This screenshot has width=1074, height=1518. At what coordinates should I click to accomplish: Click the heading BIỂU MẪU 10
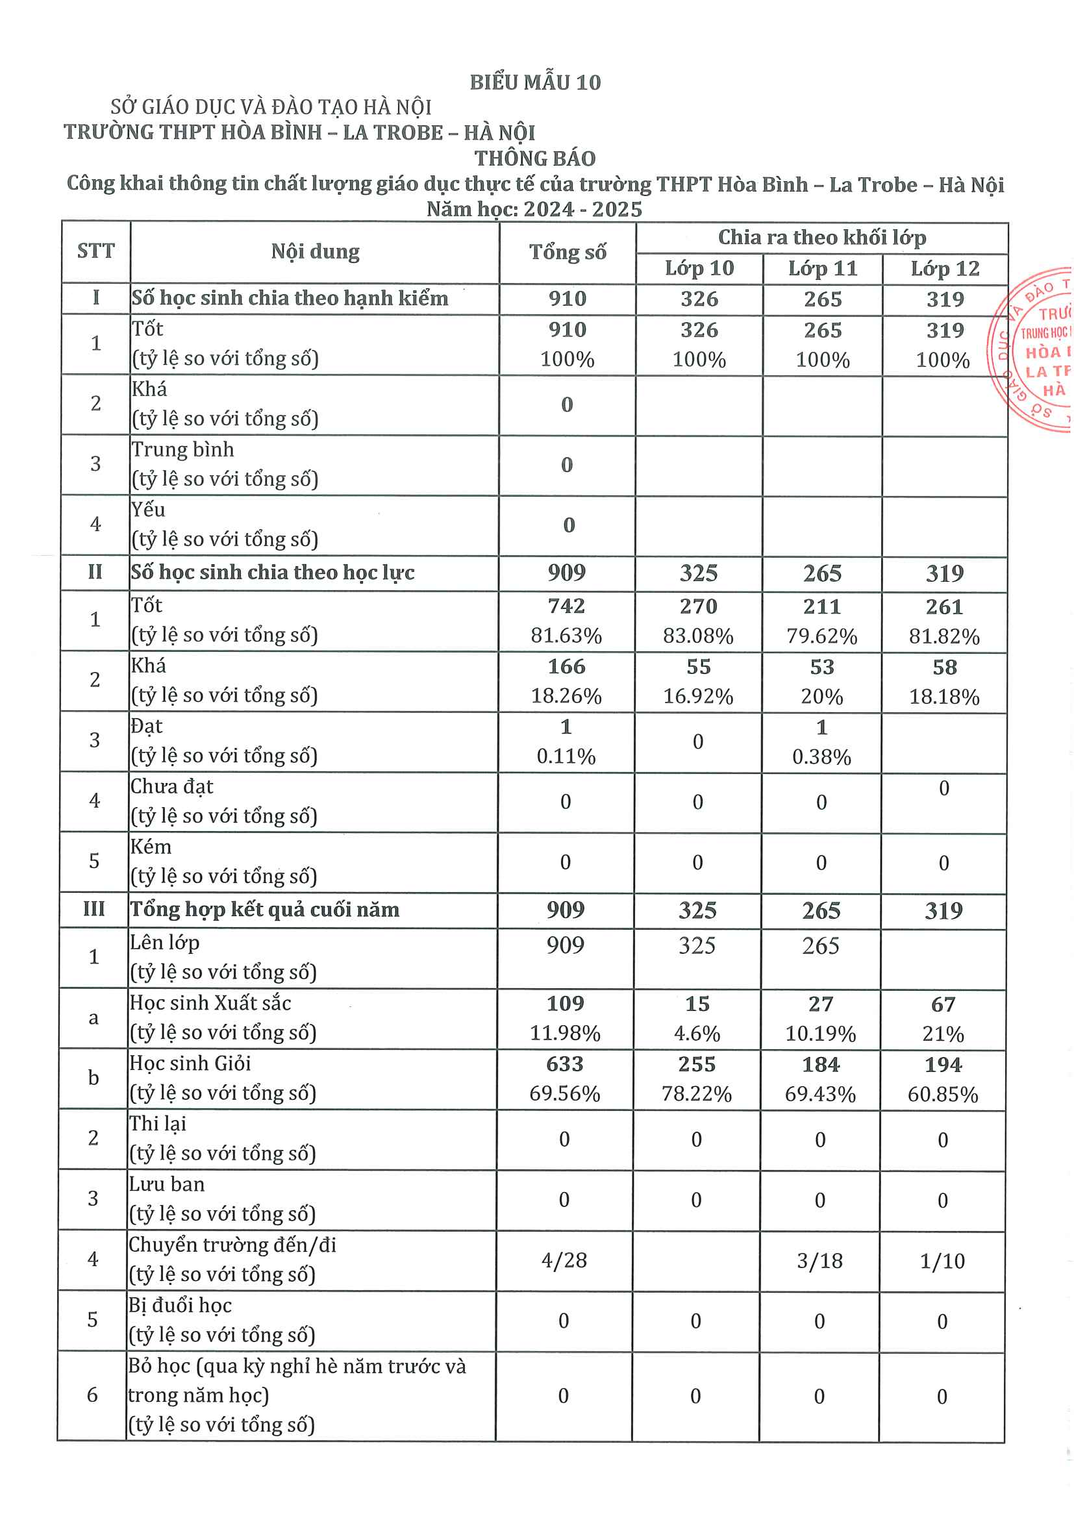(535, 82)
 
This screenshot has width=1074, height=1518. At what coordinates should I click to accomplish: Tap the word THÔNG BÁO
(535, 158)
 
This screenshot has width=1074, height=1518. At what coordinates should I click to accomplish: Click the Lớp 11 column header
(823, 268)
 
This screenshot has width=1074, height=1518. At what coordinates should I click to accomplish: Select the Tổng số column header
(568, 252)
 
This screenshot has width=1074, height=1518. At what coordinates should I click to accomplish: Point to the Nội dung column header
(315, 251)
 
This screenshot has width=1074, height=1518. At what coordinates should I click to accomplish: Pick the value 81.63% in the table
(566, 636)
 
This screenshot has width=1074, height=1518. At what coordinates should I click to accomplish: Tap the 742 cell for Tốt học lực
(566, 606)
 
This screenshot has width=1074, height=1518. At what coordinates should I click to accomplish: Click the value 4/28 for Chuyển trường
(564, 1260)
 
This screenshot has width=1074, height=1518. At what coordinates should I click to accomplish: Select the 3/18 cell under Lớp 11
(819, 1261)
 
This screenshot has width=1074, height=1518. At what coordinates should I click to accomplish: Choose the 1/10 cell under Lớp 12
(942, 1261)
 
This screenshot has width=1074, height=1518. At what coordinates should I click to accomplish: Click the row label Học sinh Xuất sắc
(210, 1003)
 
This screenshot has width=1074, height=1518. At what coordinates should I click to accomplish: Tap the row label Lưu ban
(167, 1184)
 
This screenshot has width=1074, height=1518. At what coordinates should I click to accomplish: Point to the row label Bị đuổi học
(180, 1305)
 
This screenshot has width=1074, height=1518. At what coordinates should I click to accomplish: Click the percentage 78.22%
(696, 1093)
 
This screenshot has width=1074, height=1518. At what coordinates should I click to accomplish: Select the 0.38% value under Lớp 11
(821, 756)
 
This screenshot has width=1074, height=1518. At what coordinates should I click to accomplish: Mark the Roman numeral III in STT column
(94, 909)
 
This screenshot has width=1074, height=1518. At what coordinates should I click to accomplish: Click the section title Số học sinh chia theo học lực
(273, 572)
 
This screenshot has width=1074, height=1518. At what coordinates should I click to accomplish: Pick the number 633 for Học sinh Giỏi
(565, 1064)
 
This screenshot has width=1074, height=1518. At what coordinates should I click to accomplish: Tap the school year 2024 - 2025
(582, 209)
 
